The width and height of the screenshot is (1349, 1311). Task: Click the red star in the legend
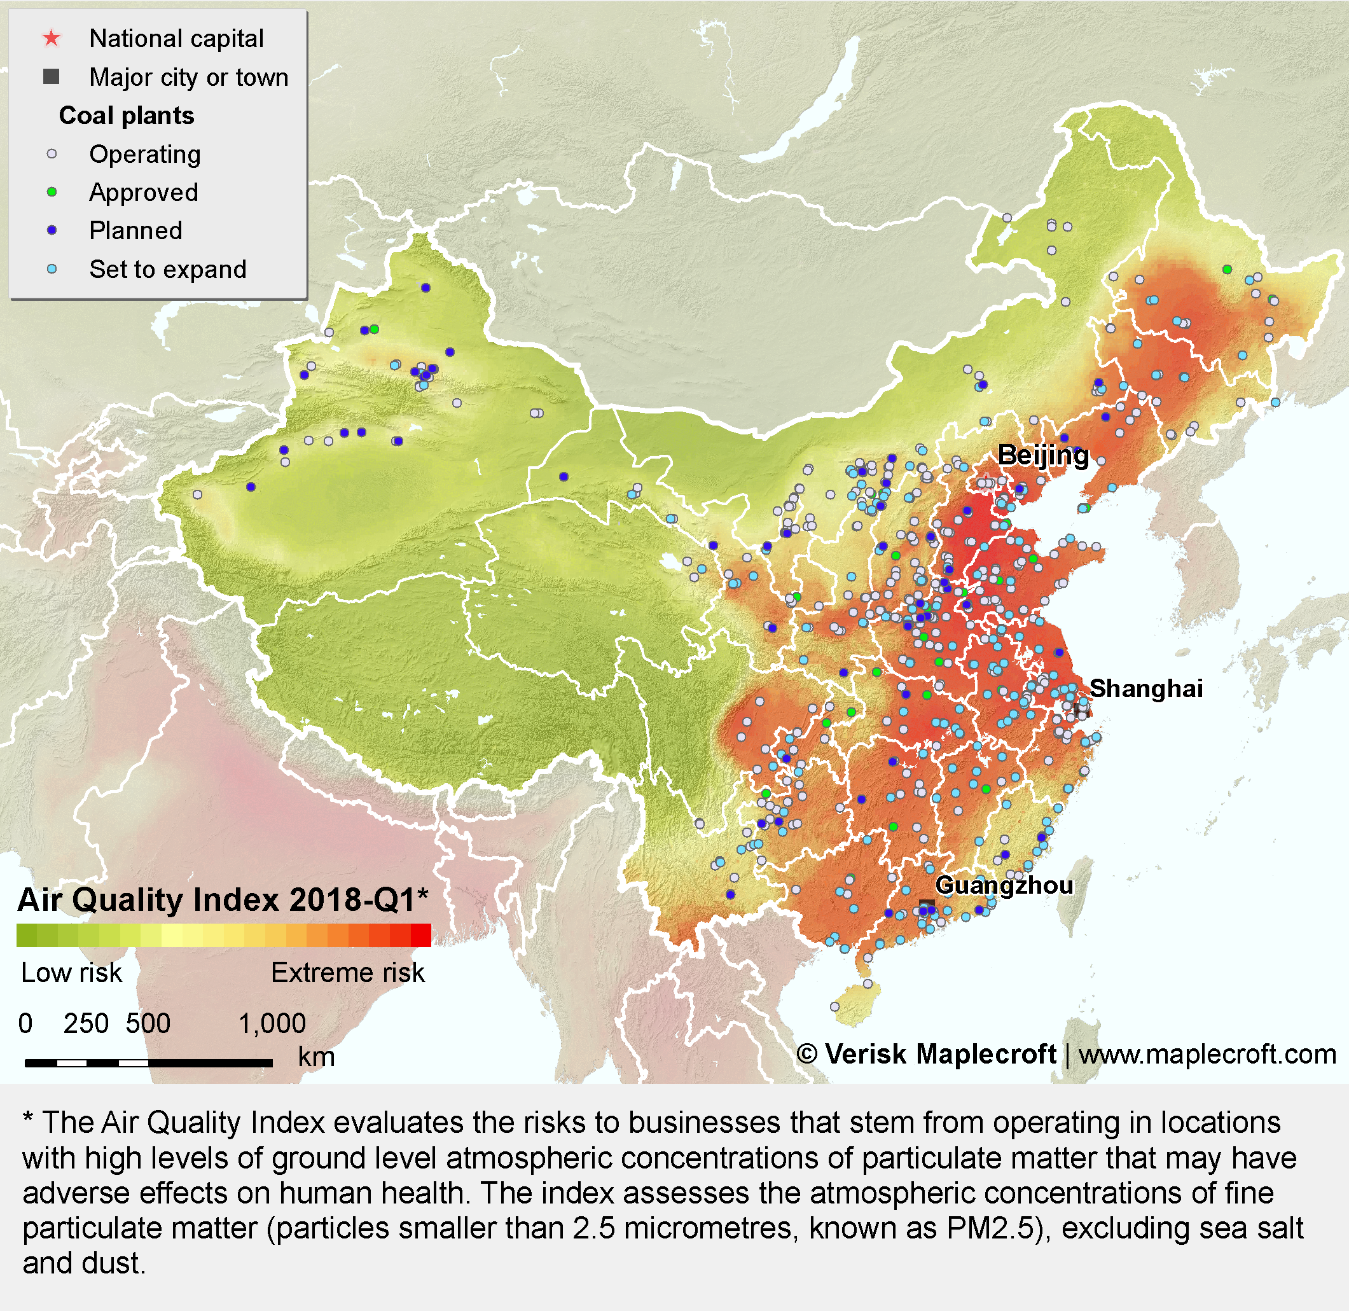click(52, 39)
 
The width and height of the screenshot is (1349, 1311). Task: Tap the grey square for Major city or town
click(51, 76)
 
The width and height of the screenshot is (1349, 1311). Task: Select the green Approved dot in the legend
click(52, 192)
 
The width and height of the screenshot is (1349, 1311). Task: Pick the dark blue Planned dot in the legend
click(52, 231)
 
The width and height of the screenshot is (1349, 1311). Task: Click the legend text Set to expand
click(167, 269)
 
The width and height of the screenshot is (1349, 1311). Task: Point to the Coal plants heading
click(127, 116)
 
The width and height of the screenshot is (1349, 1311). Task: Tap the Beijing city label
click(1043, 457)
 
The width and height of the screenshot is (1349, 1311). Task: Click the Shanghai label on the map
click(1147, 688)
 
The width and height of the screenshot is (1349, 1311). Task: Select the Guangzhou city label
click(1005, 886)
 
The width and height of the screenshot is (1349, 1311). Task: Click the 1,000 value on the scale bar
click(272, 1024)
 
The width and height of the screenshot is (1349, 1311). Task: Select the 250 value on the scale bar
click(85, 1024)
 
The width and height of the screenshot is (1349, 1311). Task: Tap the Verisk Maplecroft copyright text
click(926, 1054)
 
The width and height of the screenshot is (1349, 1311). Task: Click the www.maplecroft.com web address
click(1207, 1054)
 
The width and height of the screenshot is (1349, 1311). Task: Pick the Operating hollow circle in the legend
click(52, 154)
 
